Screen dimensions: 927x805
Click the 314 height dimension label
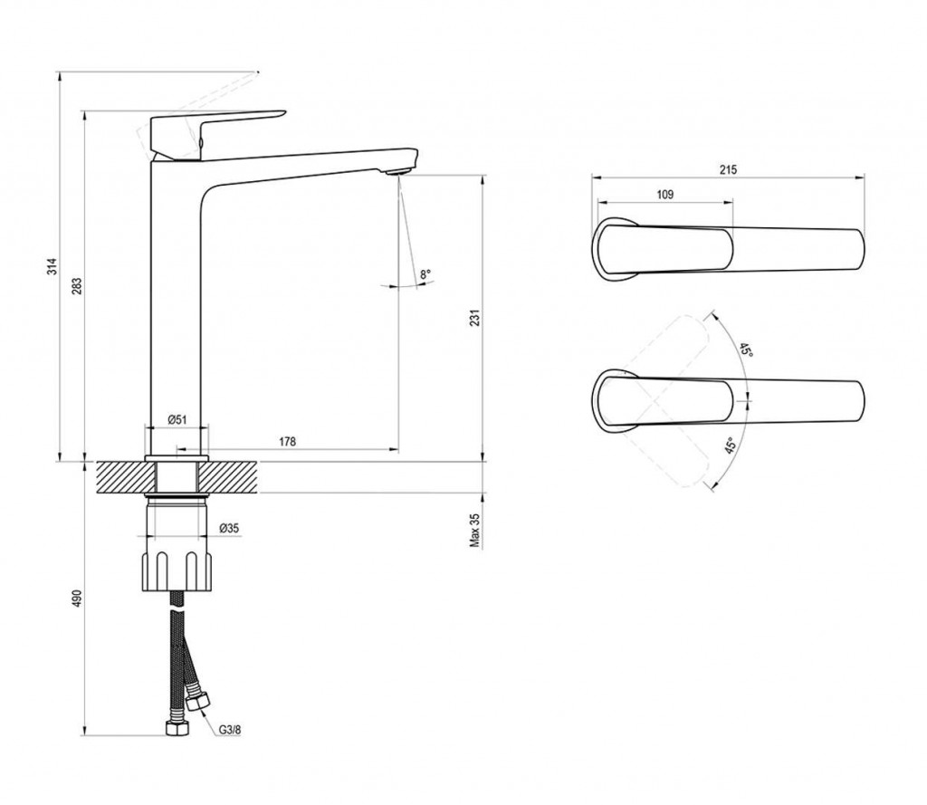click(x=52, y=266)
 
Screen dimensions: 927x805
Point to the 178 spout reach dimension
click(x=287, y=441)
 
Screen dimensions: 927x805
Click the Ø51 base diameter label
click(x=177, y=420)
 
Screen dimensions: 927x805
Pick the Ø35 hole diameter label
click(x=229, y=528)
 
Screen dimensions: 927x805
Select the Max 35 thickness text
click(x=475, y=530)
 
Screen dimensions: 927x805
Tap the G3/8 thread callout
click(x=230, y=730)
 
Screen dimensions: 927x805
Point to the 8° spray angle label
click(x=425, y=274)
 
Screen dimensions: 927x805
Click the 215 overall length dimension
click(x=729, y=169)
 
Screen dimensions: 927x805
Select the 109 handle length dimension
click(x=665, y=195)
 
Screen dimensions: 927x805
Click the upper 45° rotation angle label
click(x=746, y=349)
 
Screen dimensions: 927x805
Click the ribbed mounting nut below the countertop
click(x=177, y=570)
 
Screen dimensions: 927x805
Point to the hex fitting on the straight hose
click(x=176, y=728)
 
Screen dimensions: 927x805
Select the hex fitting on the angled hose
click(x=196, y=701)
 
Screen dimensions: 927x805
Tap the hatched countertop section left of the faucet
click(x=121, y=477)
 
